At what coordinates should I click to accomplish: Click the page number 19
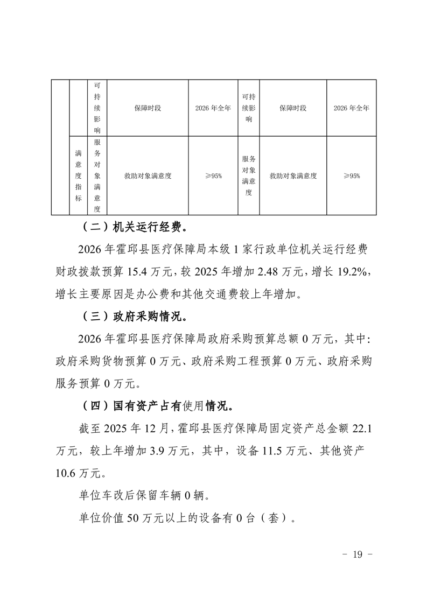pos(358,555)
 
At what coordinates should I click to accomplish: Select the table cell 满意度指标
pos(79,175)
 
